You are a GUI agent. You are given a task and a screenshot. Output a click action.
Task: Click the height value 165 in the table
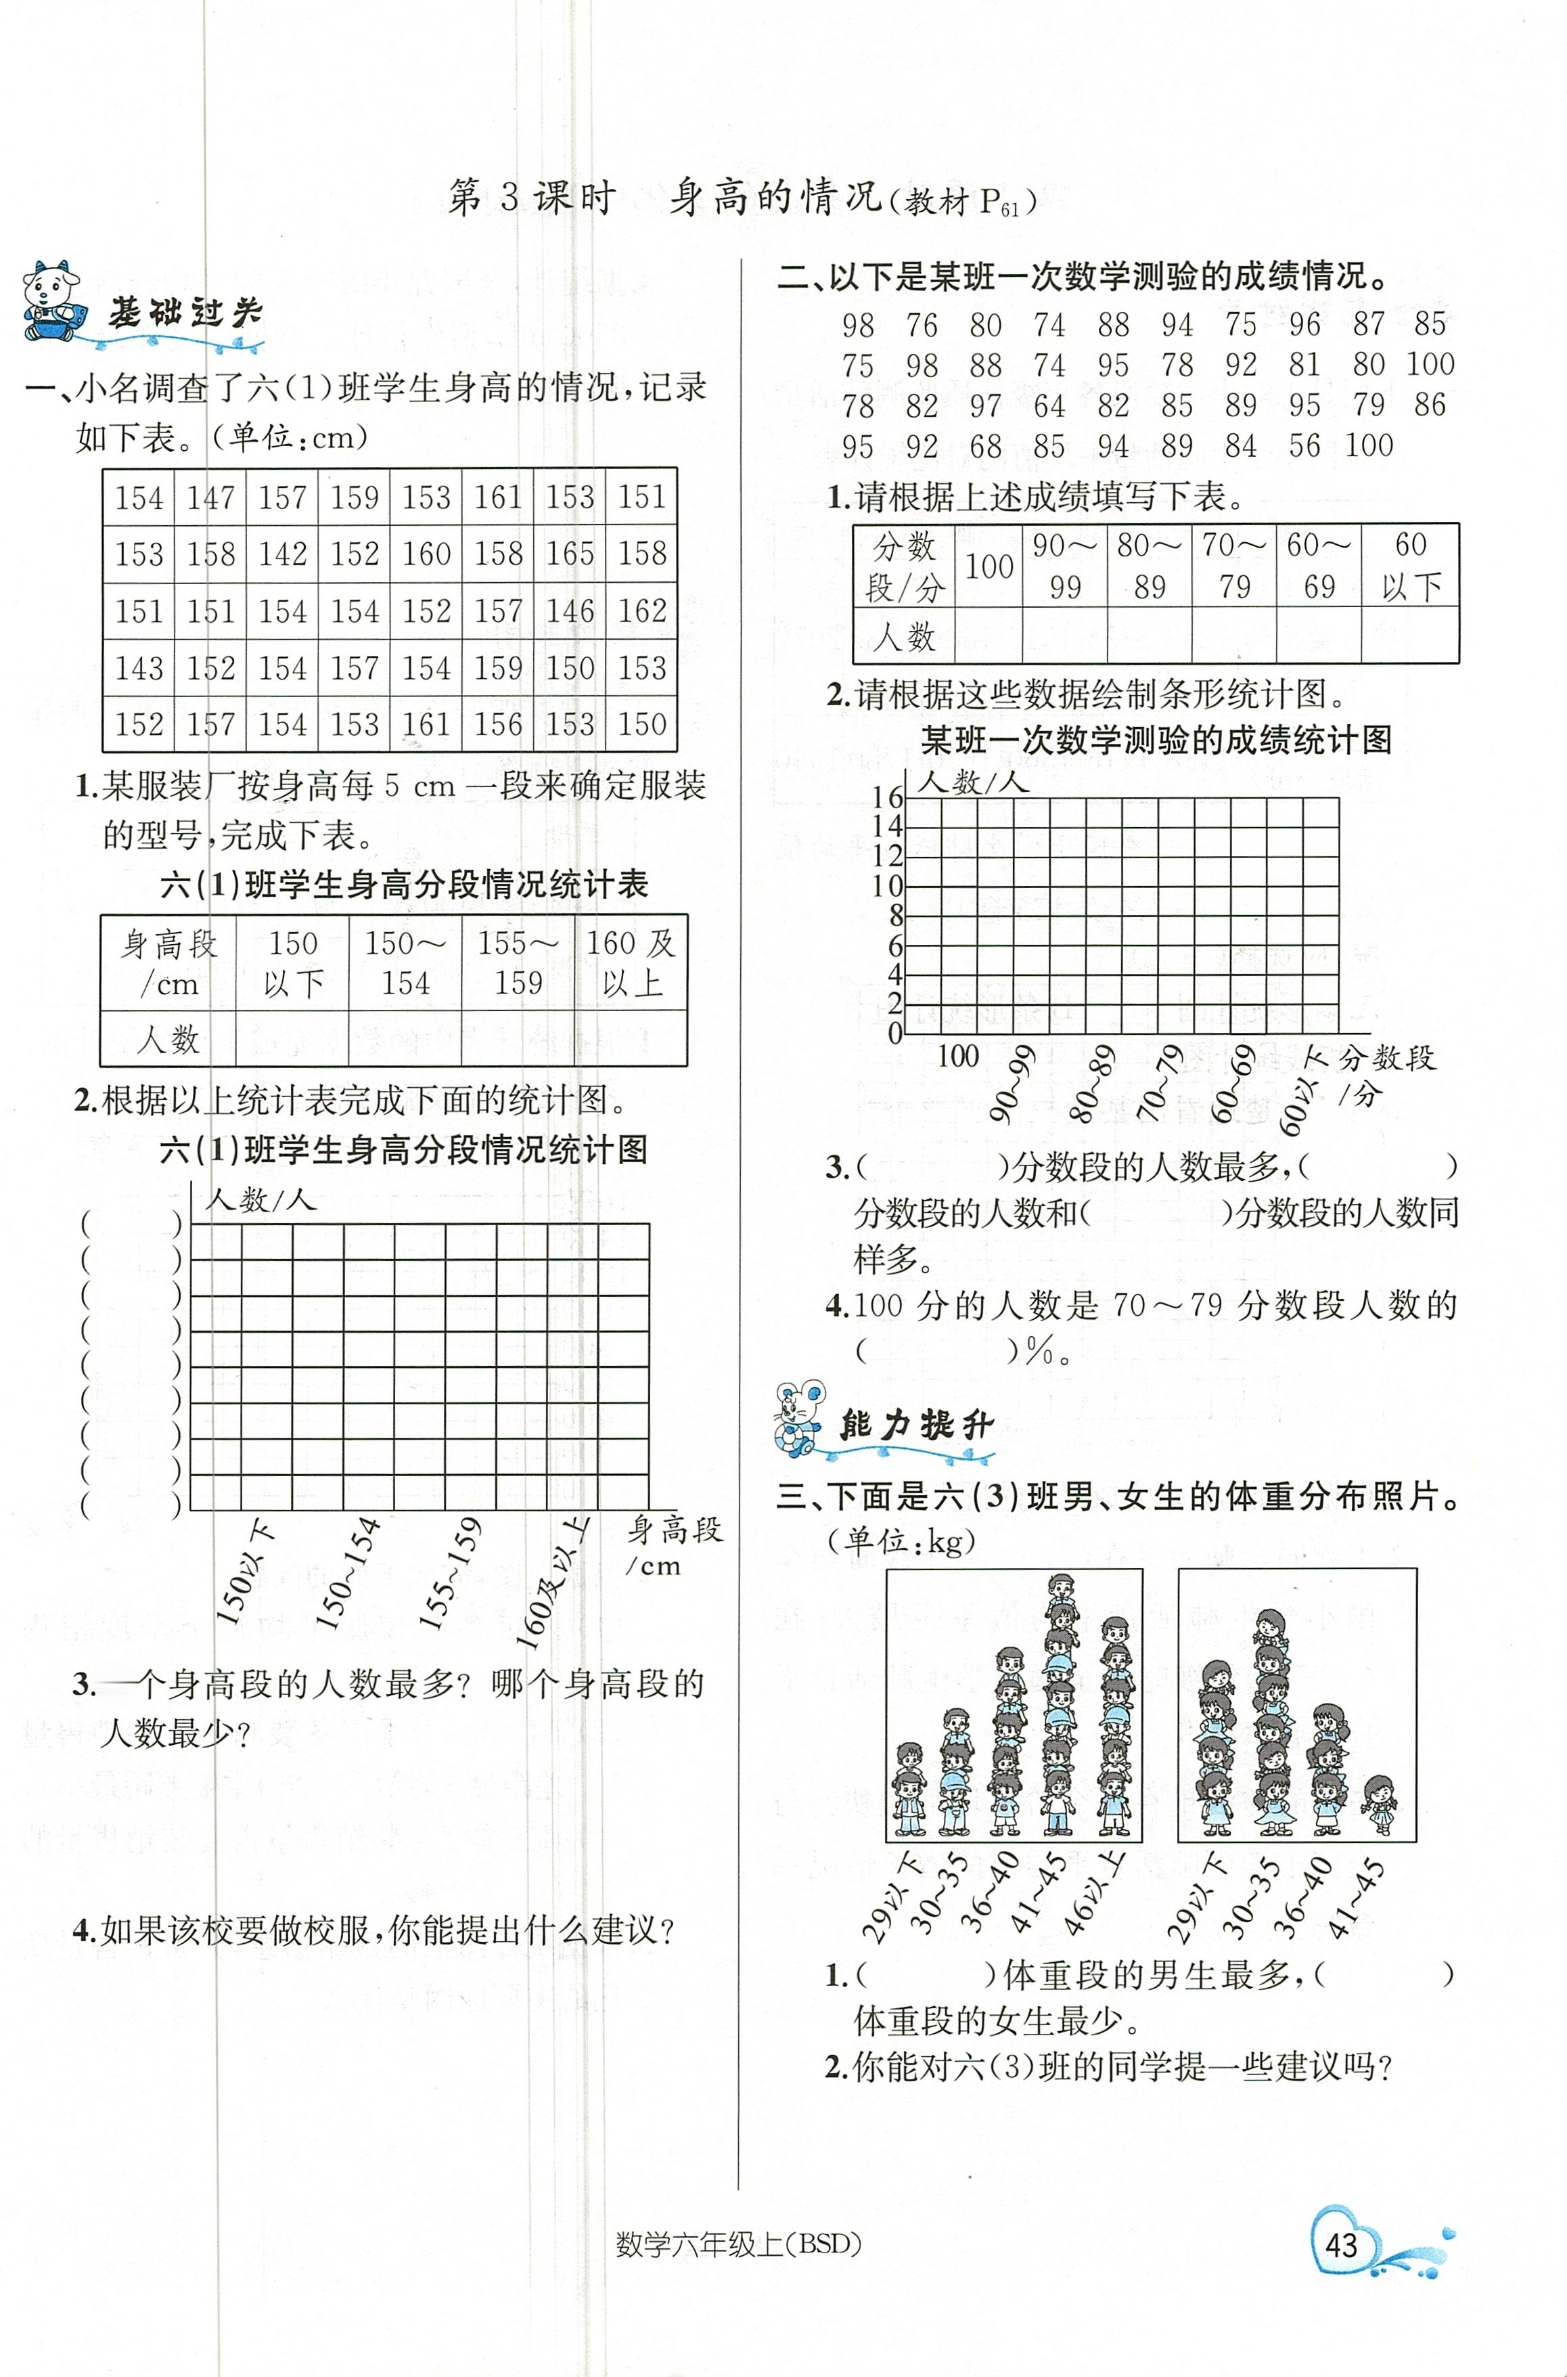(x=570, y=554)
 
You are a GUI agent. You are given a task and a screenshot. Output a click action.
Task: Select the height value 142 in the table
(x=283, y=554)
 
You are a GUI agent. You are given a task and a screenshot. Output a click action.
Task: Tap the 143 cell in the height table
(x=139, y=668)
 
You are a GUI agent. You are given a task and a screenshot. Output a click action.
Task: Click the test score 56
(x=1304, y=446)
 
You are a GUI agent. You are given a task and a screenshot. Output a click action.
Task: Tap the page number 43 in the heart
(x=1341, y=2245)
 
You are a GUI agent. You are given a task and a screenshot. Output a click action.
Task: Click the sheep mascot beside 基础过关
(x=53, y=301)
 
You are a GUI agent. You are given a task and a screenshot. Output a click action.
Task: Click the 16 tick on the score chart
(x=888, y=798)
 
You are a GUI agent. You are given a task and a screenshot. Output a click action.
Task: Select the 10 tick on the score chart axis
(x=888, y=886)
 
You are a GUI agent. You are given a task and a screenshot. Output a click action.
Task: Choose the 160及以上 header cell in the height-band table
(x=631, y=962)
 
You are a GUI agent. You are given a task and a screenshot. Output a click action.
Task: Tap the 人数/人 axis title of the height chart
(x=260, y=1199)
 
